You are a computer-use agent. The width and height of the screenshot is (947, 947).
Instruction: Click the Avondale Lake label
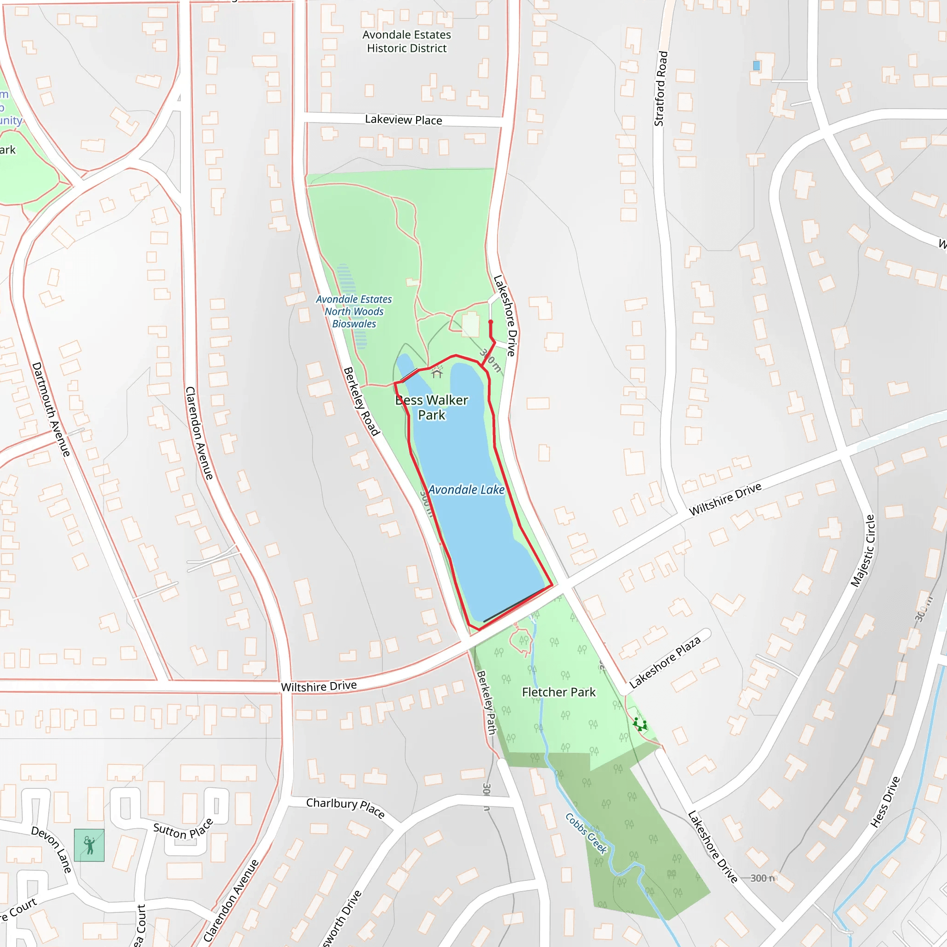(466, 490)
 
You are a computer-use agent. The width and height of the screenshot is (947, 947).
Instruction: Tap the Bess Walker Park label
(431, 407)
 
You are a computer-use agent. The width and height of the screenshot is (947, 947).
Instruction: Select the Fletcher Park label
(558, 692)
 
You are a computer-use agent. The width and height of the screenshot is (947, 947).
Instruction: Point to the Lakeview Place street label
(403, 120)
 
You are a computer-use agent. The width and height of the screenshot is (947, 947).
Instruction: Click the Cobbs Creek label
(586, 833)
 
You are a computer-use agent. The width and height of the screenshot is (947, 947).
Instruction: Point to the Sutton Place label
(183, 830)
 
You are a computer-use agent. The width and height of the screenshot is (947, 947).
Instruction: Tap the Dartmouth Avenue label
(51, 409)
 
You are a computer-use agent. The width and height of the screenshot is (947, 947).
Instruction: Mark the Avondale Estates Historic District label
(406, 42)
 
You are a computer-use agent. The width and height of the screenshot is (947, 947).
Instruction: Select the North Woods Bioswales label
(354, 311)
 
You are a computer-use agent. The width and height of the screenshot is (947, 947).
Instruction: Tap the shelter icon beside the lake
(437, 374)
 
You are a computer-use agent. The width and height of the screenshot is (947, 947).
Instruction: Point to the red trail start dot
(491, 322)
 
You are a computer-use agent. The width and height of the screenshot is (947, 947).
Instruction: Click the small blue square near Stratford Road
(756, 66)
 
